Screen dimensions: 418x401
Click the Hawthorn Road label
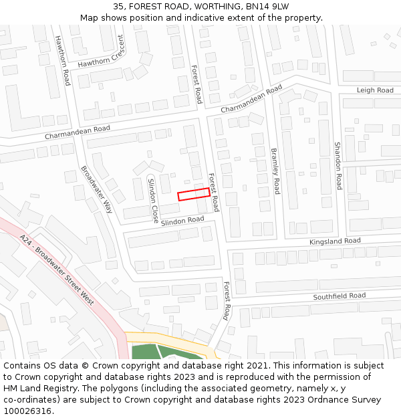62,60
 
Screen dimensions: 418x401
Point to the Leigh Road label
375,90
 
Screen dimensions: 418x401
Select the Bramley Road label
275,171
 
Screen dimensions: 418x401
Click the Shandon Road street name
338,166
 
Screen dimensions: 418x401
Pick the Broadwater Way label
98,190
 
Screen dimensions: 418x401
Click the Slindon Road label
182,220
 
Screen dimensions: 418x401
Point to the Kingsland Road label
335,241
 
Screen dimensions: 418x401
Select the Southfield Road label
340,296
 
